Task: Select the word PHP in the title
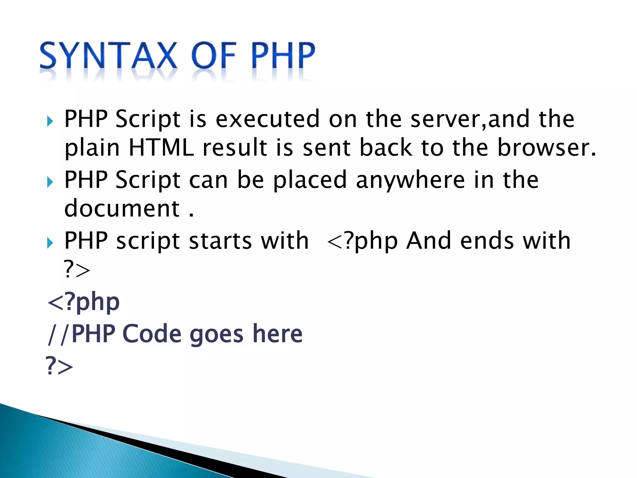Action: [x=282, y=56]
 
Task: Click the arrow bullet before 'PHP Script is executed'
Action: [x=50, y=121]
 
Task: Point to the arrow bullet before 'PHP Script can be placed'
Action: [x=50, y=182]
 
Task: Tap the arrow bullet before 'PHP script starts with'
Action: [x=50, y=242]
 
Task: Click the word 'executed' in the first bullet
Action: [x=267, y=119]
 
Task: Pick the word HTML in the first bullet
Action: [x=161, y=148]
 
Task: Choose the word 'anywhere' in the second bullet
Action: [x=410, y=180]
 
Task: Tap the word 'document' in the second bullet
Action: [x=122, y=208]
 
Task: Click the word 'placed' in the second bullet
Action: [x=310, y=180]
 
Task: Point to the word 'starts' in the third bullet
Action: [x=220, y=241]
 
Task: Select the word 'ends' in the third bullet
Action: [x=487, y=241]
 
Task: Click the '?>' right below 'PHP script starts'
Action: [x=77, y=269]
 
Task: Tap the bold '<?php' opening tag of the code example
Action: [x=83, y=302]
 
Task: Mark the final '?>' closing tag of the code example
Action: [x=59, y=366]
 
